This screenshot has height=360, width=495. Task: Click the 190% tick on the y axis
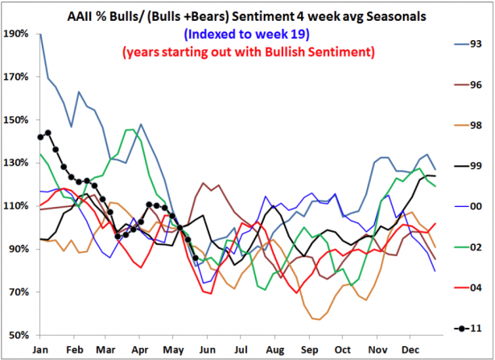17,35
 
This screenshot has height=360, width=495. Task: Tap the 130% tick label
17,163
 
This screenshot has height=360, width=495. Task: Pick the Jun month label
209,350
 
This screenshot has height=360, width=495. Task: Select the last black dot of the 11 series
196,258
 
